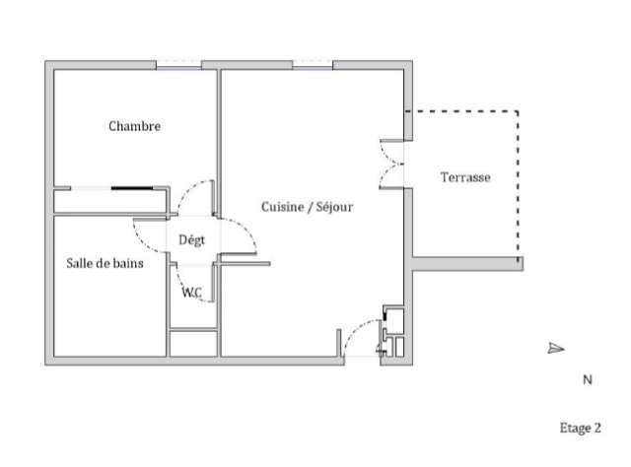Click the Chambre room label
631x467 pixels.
pos(134,126)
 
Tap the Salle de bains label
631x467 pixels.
pos(105,263)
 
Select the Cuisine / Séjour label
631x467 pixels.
pos(307,207)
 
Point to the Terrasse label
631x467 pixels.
pos(465,177)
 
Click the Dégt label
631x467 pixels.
pos(191,240)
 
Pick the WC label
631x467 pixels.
pos(191,293)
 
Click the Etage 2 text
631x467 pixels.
pos(581,428)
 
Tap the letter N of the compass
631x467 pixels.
pos(588,379)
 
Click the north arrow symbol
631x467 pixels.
pos(556,349)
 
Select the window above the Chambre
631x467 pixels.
pos(178,66)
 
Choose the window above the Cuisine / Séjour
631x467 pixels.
pos(313,66)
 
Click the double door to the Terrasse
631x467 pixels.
pos(391,165)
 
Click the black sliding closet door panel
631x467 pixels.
pos(132,188)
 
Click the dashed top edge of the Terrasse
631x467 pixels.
pos(461,111)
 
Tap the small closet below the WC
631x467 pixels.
pos(193,344)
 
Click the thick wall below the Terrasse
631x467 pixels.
pos(467,264)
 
